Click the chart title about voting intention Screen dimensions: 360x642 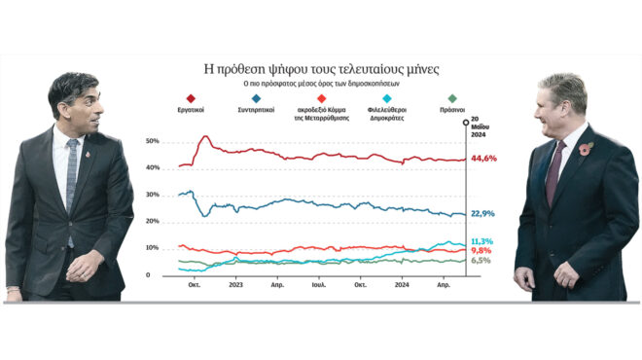321,69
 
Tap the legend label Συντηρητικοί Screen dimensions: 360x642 256,111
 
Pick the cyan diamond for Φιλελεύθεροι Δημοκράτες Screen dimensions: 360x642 388,98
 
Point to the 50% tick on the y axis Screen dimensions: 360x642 153,141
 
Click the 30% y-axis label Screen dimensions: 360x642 153,195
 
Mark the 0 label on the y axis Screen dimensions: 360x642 149,275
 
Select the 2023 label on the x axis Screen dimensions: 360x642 235,286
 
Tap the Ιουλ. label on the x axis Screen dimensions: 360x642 319,286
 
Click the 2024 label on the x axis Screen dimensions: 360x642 402,286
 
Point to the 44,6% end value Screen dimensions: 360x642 483,159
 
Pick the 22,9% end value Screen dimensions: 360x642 483,213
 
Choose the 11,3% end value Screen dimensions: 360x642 481,241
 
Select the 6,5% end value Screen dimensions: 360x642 481,261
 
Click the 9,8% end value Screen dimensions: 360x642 481,251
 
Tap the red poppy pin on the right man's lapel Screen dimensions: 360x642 586,150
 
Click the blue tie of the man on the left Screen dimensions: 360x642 71,175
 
